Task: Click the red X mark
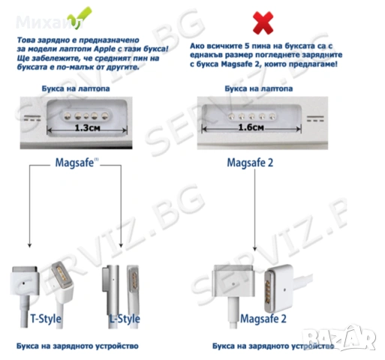point(263,24)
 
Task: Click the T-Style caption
point(47,318)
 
